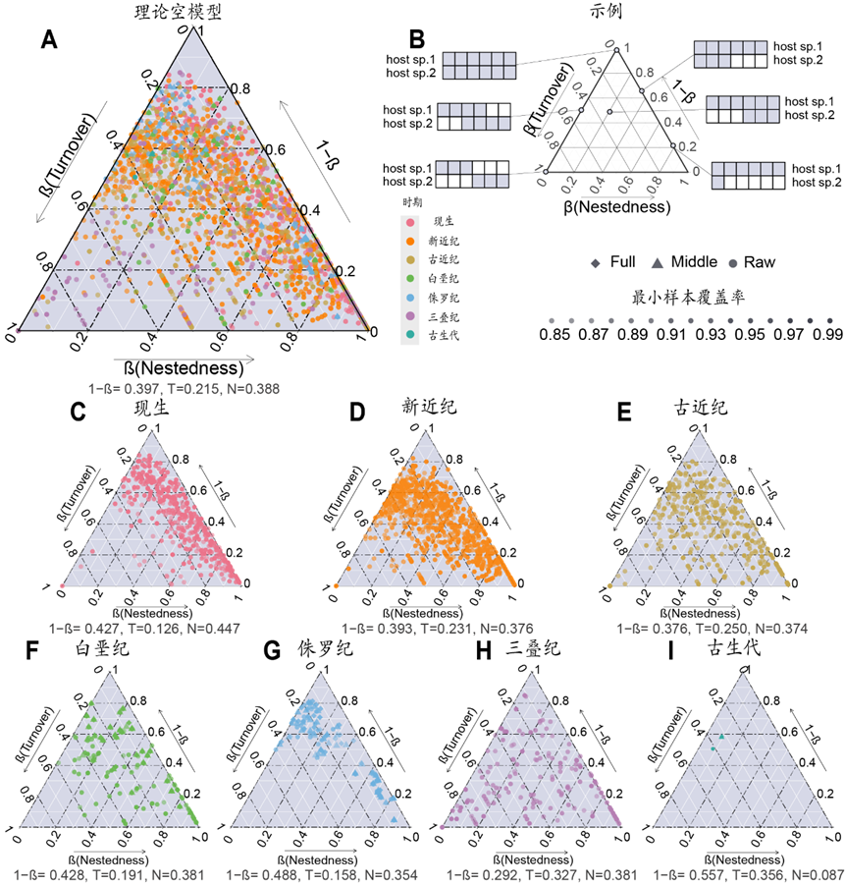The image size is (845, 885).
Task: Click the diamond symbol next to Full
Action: point(595,262)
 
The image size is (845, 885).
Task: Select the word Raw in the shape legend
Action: point(760,262)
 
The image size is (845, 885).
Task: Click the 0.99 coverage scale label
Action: point(828,337)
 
